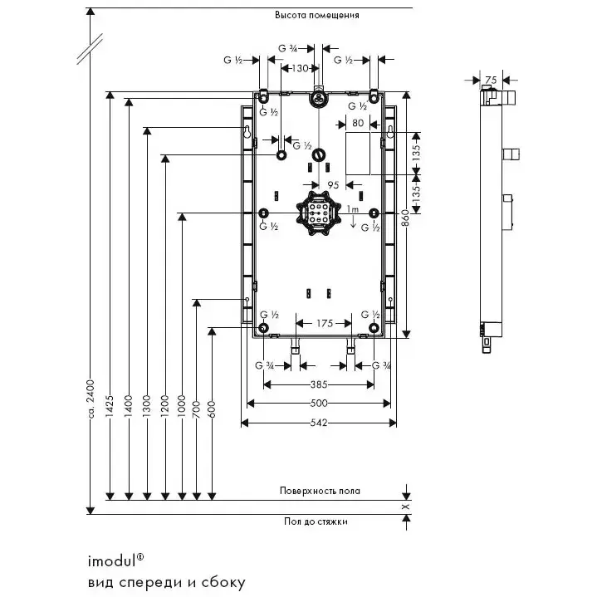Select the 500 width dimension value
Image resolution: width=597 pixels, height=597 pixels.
click(x=319, y=404)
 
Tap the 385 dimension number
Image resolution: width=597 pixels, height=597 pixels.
click(x=319, y=384)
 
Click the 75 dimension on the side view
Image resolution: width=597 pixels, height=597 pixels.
click(x=491, y=80)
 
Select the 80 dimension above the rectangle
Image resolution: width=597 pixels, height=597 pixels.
click(x=358, y=123)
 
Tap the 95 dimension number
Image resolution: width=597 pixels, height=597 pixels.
click(x=332, y=185)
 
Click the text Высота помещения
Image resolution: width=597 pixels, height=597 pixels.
click(x=318, y=15)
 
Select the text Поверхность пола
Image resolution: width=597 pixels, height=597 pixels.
click(x=320, y=491)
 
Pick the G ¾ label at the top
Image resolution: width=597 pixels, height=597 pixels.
click(x=287, y=49)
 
